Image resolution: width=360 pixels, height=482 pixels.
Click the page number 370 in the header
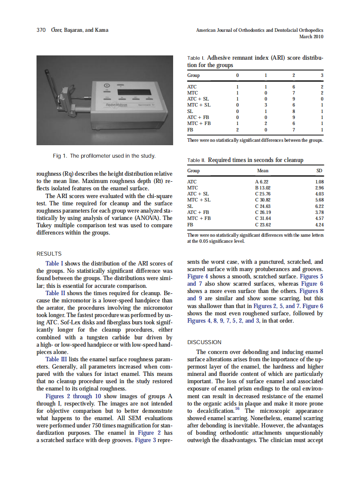coord(41,30)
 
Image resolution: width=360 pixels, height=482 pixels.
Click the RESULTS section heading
coord(49,253)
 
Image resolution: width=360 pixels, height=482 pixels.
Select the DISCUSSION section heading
coord(204,342)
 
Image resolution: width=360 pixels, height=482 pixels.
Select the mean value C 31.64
coord(263,218)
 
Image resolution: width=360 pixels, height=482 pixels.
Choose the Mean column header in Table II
coord(263,171)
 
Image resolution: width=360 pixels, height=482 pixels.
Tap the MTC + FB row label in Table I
coord(199,123)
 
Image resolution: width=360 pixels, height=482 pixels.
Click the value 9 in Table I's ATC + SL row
coord(293,98)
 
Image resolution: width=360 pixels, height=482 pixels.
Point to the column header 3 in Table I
coord(322,75)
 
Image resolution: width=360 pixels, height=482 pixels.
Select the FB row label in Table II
coord(191,224)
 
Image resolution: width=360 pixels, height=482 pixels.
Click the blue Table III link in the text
coord(59,359)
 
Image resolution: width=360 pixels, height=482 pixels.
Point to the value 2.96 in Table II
coord(319,188)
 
